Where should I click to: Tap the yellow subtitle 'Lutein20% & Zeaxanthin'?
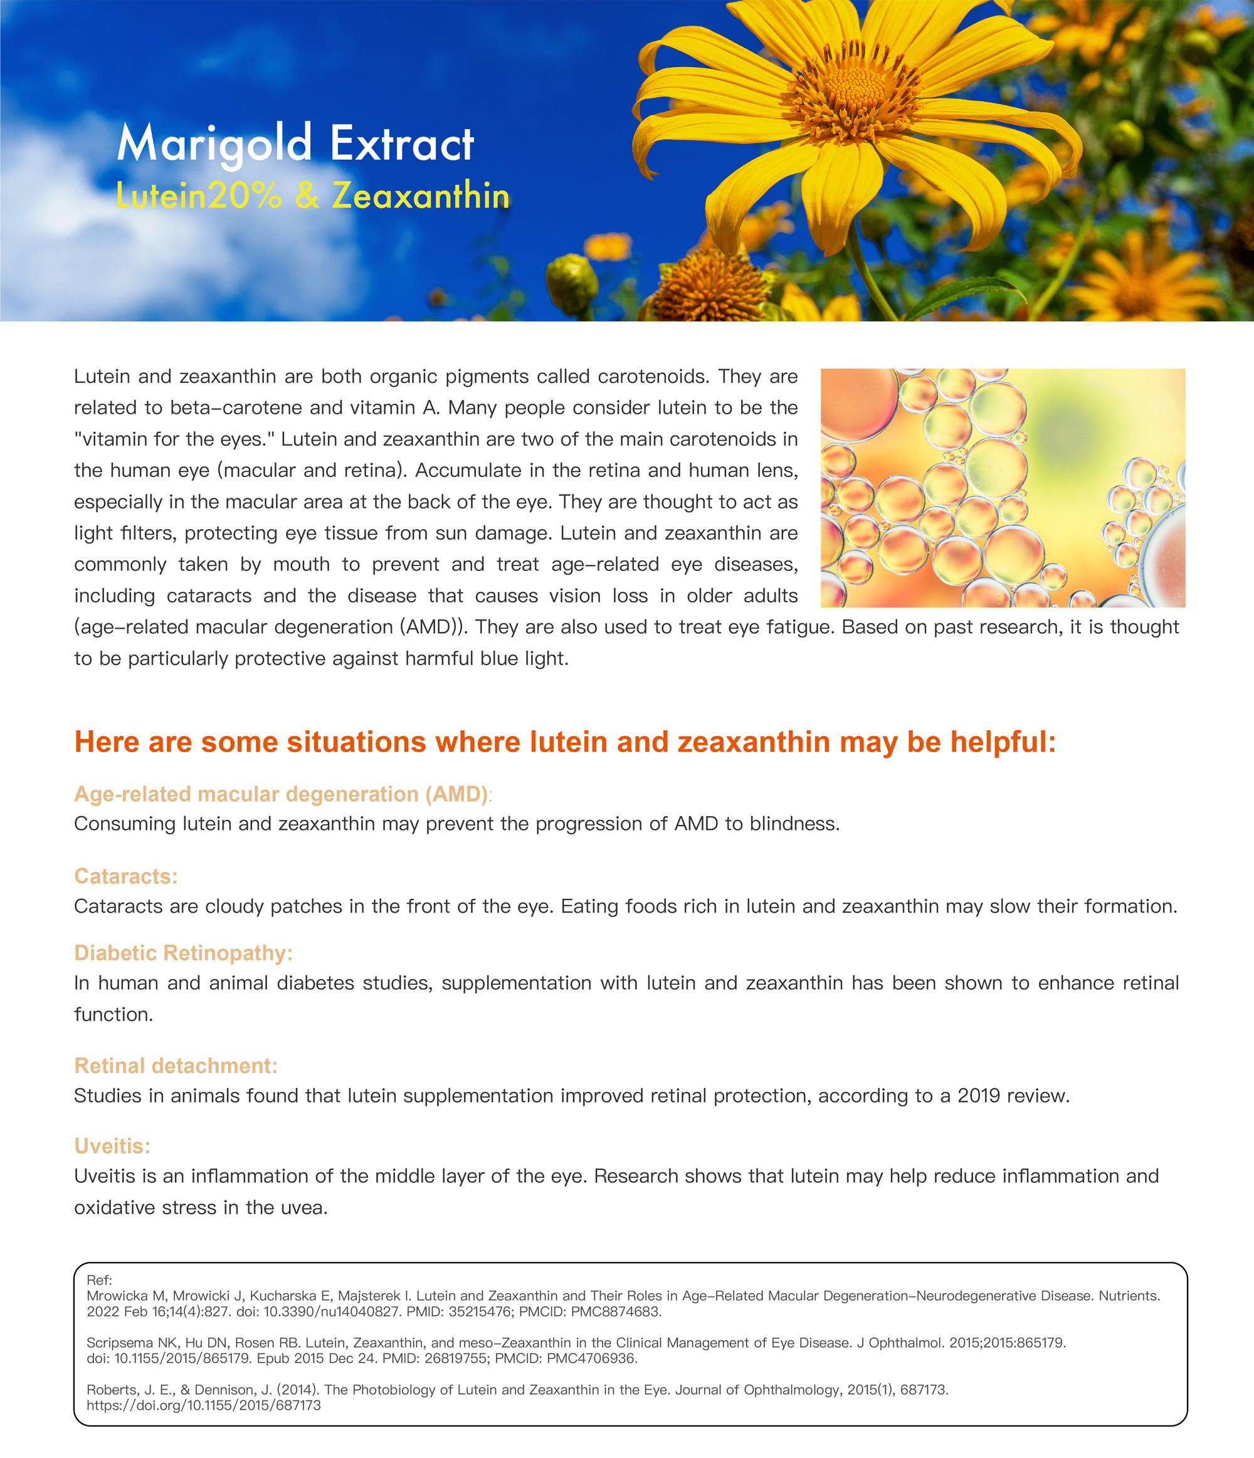(312, 196)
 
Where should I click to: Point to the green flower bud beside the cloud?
(571, 281)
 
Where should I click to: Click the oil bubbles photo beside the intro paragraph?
(1002, 488)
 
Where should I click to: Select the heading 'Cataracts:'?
(126, 876)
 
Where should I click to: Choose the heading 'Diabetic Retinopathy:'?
(183, 953)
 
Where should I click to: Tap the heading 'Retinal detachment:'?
(176, 1066)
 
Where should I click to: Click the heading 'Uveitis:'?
(113, 1146)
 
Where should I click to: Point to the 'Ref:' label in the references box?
(99, 1280)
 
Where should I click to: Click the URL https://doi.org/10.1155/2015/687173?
(203, 1405)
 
